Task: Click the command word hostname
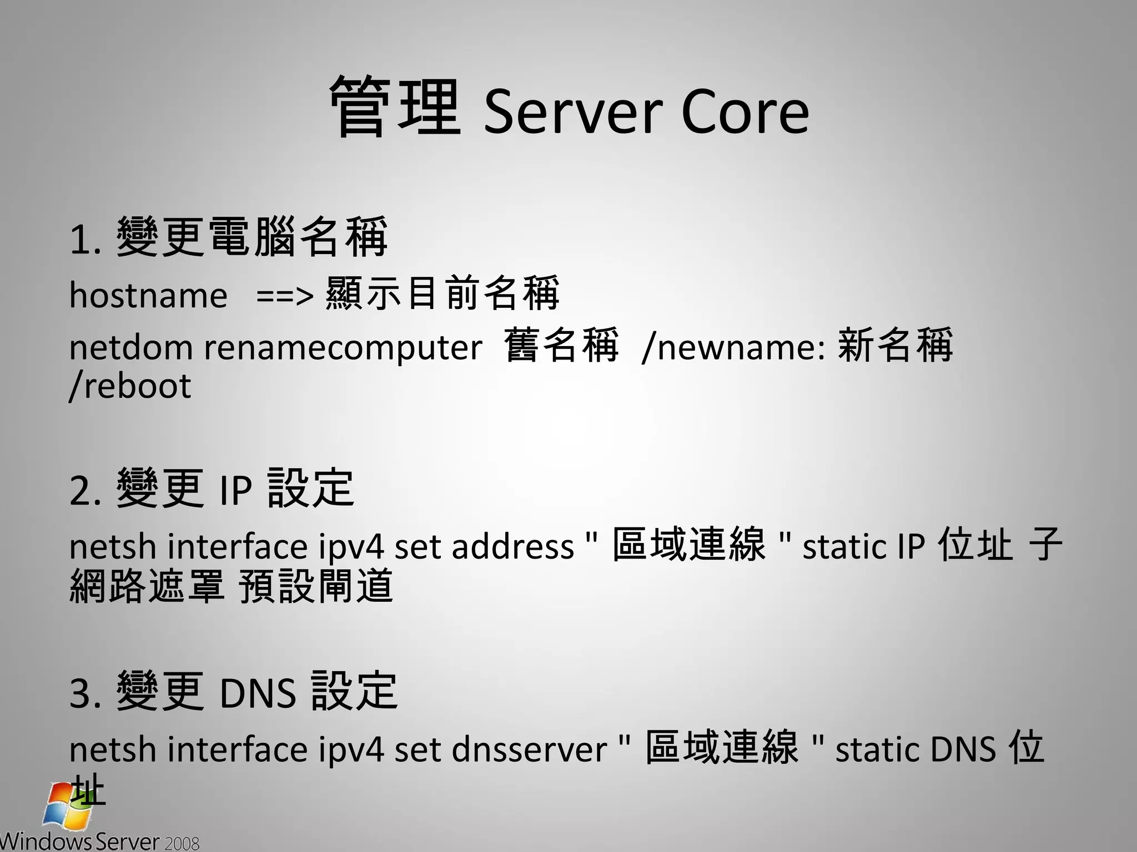click(148, 295)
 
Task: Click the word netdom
click(131, 348)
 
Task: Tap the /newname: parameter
click(733, 348)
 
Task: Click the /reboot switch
click(130, 386)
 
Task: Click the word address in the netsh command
click(513, 546)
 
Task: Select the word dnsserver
click(530, 749)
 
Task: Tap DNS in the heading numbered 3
click(258, 693)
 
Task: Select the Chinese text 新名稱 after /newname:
click(895, 346)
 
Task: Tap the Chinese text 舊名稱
click(561, 346)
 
